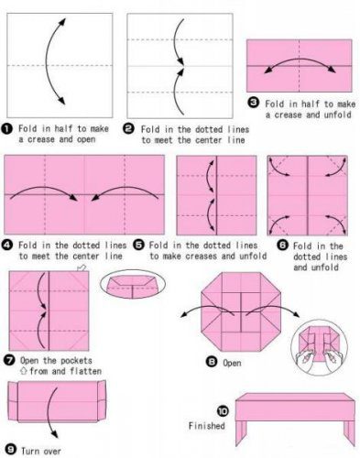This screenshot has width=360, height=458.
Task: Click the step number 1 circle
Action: tap(6, 129)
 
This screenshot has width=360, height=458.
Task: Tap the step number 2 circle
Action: tap(128, 129)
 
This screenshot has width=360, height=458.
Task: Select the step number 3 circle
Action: tap(253, 103)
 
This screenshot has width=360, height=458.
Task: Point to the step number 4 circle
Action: tap(6, 245)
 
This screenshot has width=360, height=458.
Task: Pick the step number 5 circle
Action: tap(139, 245)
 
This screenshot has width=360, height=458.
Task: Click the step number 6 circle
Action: tap(283, 245)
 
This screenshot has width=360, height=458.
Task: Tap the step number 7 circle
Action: tap(9, 360)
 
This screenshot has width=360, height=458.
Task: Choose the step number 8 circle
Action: tap(212, 362)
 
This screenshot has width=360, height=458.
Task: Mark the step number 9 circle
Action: tap(11, 450)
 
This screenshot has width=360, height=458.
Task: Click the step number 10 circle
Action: tap(223, 411)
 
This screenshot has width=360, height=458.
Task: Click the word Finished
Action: tap(206, 426)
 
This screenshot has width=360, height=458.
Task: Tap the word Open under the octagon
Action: tap(232, 363)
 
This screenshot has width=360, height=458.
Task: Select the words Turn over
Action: tap(41, 451)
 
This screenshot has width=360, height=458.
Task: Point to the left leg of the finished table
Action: tap(241, 432)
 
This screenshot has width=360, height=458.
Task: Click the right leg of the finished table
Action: tap(349, 433)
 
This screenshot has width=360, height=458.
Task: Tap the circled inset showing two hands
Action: tap(319, 348)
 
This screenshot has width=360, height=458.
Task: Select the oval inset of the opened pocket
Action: tap(133, 284)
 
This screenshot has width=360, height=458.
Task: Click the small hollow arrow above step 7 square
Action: tap(82, 267)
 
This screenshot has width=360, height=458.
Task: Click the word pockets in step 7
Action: tap(76, 361)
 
